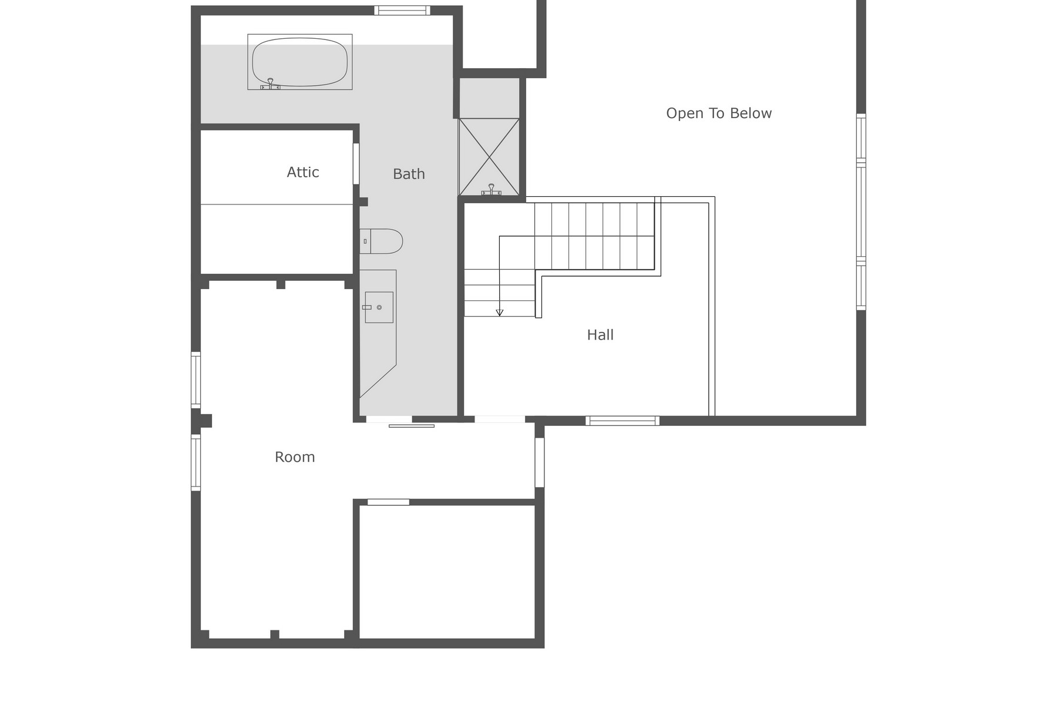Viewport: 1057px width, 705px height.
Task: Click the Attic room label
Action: (303, 172)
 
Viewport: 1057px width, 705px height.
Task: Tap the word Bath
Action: (409, 174)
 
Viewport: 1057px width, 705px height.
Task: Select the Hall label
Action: (600, 335)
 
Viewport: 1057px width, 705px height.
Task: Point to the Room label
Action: (295, 457)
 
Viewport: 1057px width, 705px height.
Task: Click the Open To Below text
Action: (719, 113)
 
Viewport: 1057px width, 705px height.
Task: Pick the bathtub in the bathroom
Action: (299, 62)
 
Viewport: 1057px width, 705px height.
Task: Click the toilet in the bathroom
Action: (382, 241)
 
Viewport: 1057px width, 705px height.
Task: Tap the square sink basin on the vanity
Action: (379, 307)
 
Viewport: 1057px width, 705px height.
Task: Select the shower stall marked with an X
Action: (489, 157)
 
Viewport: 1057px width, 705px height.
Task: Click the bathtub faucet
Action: (270, 83)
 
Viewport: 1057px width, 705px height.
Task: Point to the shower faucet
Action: (491, 189)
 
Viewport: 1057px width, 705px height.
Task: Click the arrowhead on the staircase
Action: (500, 313)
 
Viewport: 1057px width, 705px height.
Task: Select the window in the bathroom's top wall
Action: (402, 10)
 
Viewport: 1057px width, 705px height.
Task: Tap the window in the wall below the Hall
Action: (622, 421)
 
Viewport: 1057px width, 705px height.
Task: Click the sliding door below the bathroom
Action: (411, 425)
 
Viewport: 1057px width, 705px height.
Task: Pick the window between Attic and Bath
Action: (356, 163)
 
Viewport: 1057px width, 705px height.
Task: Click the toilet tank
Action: (365, 241)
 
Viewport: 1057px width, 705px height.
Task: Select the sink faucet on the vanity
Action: (367, 307)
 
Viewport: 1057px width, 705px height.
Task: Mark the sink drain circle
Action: (379, 307)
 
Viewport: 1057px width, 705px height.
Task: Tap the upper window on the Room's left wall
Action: (196, 380)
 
